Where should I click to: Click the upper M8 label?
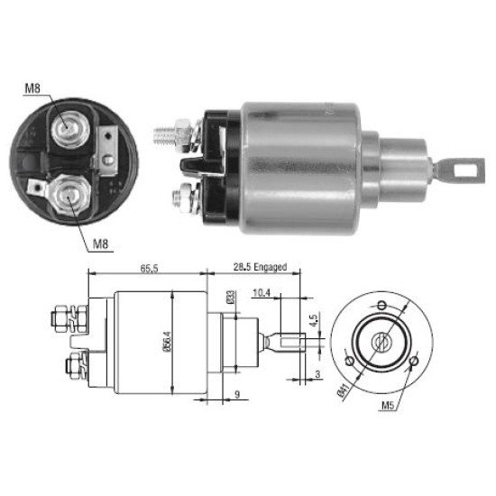pyautogui.click(x=32, y=88)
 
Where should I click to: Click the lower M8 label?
pyautogui.click(x=101, y=243)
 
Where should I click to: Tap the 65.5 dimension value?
pyautogui.click(x=149, y=270)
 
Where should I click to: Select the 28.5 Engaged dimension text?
pyautogui.click(x=260, y=267)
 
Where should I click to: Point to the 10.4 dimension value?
pyautogui.click(x=262, y=293)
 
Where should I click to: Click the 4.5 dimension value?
pyautogui.click(x=314, y=321)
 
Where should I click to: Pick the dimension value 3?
pyautogui.click(x=318, y=374)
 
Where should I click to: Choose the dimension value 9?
pyautogui.click(x=237, y=394)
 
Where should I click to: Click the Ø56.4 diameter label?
pyautogui.click(x=168, y=342)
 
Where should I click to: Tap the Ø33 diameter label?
pyautogui.click(x=231, y=298)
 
